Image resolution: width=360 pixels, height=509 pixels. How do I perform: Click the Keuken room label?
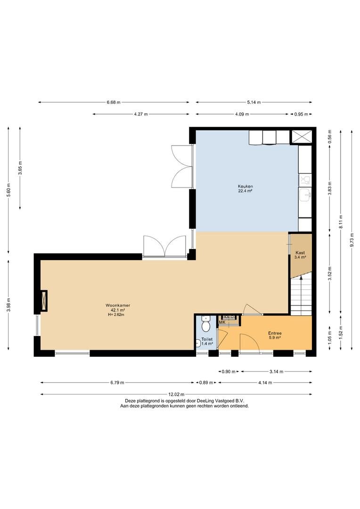point(245,186)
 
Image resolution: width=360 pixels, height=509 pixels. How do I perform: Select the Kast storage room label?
point(300,253)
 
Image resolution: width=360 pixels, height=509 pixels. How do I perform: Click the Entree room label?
point(275,333)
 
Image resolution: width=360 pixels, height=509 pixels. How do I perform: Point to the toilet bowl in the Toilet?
point(206,325)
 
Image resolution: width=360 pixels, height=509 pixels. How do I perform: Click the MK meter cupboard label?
point(222,322)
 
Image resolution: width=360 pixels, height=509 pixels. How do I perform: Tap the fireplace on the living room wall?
point(43,301)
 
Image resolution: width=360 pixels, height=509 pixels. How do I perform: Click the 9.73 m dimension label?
point(352,239)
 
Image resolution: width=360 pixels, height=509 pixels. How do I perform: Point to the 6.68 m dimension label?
point(114,102)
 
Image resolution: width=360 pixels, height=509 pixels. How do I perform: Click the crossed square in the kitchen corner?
point(302,137)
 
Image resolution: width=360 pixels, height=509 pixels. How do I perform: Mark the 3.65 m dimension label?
point(20,168)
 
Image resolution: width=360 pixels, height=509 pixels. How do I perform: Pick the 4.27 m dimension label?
point(141,114)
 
